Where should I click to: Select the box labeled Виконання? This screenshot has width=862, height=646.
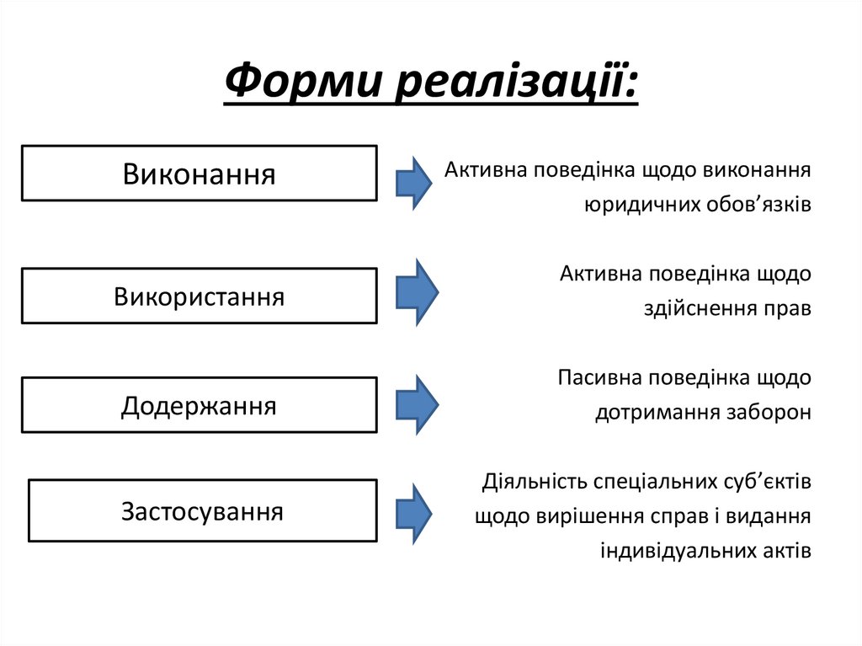199,174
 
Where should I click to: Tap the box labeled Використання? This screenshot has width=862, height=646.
199,296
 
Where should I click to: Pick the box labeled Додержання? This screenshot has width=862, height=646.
199,406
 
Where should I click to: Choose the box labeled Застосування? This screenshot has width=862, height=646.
202,511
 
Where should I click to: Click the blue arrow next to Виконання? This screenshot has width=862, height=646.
414,180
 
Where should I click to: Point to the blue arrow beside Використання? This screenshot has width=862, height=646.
417,291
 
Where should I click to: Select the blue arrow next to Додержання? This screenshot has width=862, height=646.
417,405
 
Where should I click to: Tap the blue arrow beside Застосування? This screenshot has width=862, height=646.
414,513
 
